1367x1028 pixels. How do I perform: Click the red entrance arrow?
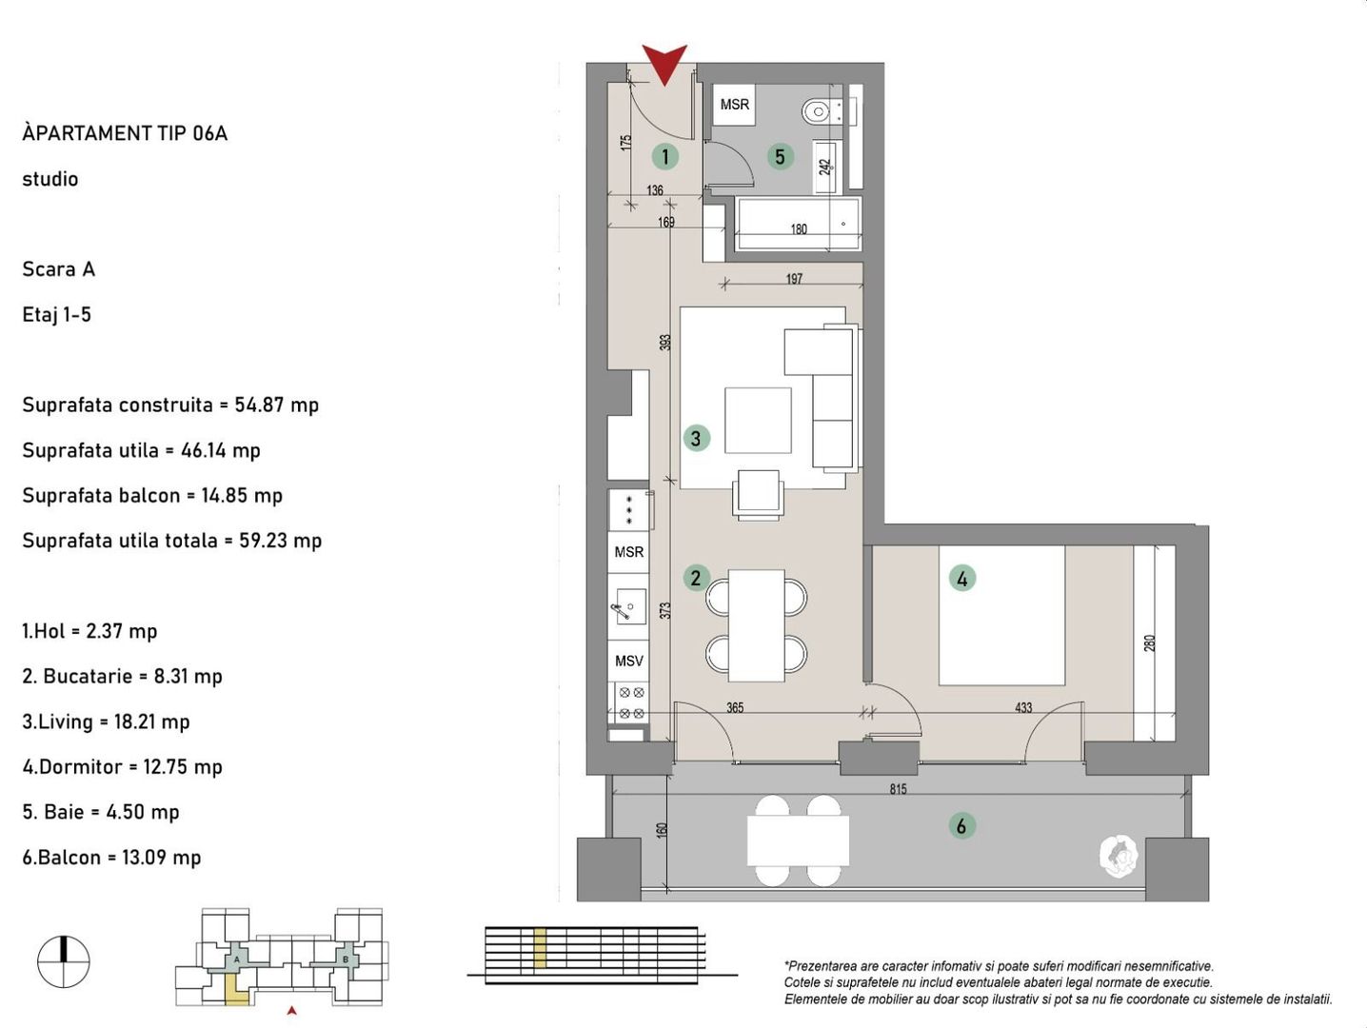664,62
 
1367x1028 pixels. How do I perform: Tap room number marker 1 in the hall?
664,156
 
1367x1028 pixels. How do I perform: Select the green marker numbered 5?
780,156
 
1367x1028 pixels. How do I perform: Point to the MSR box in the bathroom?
734,105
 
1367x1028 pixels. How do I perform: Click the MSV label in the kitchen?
628,661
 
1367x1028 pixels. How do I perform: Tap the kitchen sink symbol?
626,607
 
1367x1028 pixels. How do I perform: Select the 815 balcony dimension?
898,789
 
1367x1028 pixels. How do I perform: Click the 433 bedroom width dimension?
1023,707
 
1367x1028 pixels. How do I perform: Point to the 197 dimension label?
794,279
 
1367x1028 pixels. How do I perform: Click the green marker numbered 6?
961,826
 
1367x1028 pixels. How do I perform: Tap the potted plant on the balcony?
1119,856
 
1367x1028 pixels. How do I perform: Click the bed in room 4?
1001,615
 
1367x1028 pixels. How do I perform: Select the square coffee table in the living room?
758,420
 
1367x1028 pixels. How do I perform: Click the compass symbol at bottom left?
64,961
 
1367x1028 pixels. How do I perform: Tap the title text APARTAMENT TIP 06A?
125,133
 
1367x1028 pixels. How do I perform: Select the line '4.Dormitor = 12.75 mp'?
122,766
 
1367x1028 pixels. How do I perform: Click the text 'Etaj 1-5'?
56,314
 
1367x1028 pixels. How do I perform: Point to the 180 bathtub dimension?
799,229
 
